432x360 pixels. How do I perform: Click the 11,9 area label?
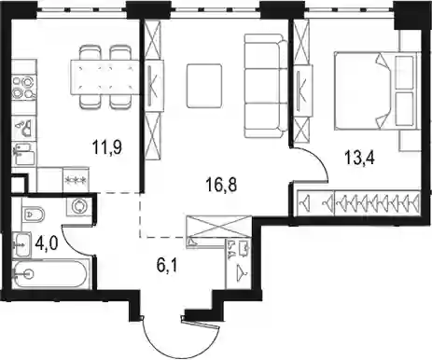click(107, 146)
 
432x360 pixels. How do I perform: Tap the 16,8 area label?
click(221, 185)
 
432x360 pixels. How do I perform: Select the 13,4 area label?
click(359, 157)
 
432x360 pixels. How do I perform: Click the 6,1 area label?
click(167, 265)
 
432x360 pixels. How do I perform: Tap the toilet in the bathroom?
click(34, 214)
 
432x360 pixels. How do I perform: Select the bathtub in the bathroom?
click(51, 274)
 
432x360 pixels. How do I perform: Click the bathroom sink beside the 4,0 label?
click(21, 244)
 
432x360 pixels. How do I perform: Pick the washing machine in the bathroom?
click(78, 206)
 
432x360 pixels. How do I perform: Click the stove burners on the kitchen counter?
click(24, 87)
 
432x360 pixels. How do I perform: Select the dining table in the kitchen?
click(105, 77)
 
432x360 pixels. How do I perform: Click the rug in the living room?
click(204, 86)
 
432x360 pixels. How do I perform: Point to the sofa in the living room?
click(266, 86)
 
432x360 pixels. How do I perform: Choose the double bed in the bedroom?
click(375, 90)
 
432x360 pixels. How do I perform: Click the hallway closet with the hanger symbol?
click(239, 264)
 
